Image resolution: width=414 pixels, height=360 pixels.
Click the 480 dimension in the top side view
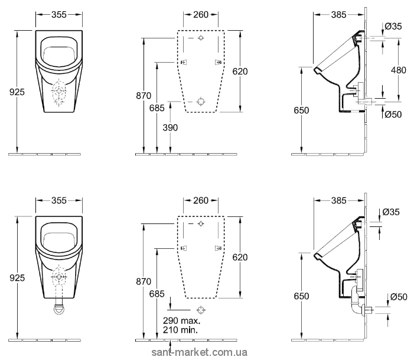click(399, 70)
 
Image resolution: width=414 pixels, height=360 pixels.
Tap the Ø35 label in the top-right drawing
click(393, 26)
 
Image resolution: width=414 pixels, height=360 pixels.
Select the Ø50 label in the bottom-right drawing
click(399, 297)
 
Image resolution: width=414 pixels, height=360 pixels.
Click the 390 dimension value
click(170, 128)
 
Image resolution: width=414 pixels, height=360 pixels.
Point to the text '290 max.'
click(182, 320)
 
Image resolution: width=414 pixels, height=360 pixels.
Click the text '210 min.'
click(180, 330)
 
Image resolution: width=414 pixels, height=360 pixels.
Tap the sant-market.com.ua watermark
click(200, 352)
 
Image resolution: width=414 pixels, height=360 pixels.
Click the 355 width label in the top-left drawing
click(59, 15)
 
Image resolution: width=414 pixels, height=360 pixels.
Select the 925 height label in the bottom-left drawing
click(17, 278)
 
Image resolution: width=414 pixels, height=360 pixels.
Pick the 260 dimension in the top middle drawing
click(201, 15)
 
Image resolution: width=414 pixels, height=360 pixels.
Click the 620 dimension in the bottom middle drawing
click(240, 257)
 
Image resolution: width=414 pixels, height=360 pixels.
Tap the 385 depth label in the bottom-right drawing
click(339, 200)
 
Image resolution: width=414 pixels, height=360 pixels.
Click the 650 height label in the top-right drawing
click(301, 110)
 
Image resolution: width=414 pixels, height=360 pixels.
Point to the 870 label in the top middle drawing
click(144, 95)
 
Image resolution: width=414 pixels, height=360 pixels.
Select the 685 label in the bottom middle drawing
click(157, 294)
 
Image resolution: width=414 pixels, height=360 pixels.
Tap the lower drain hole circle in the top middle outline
click(201, 101)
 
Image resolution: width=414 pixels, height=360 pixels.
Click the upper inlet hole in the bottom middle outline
click(201, 224)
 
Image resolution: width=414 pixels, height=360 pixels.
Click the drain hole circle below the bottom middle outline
click(201, 310)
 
